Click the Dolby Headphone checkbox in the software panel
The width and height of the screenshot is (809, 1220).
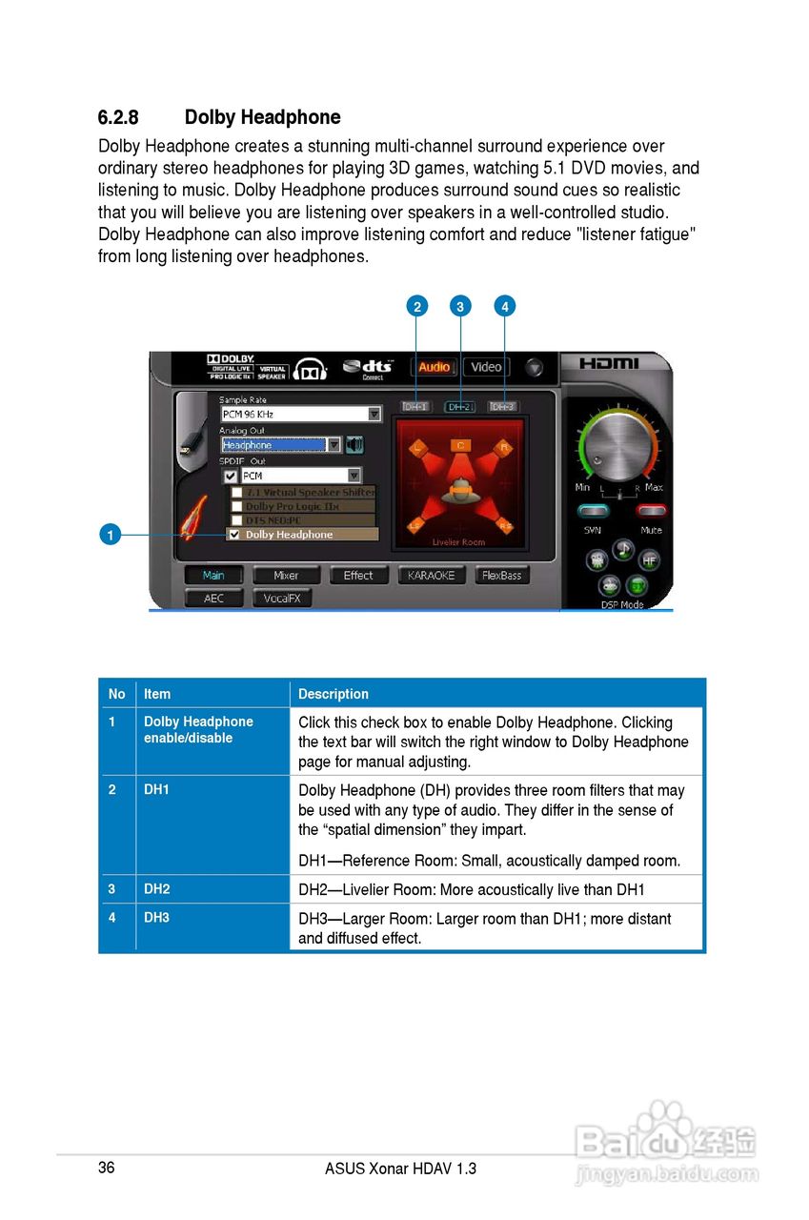(x=234, y=535)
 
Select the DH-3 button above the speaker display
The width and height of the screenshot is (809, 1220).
(x=504, y=407)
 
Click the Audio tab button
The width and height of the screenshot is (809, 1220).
(x=434, y=367)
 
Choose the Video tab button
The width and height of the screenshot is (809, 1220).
(x=486, y=367)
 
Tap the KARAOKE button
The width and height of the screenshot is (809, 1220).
(x=431, y=576)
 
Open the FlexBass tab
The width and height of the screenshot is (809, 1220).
(x=502, y=576)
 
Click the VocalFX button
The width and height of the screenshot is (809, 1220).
(x=282, y=599)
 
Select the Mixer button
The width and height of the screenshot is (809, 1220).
(x=286, y=576)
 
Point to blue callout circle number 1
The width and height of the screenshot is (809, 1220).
(x=111, y=535)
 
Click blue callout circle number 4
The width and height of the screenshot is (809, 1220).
(x=505, y=306)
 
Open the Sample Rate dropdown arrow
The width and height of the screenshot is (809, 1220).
(x=374, y=415)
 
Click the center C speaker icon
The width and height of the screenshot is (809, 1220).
(x=460, y=445)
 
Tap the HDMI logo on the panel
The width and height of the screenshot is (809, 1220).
(x=610, y=364)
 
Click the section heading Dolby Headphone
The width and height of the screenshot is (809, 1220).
(x=262, y=117)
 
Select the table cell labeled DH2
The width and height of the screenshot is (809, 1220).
(x=157, y=889)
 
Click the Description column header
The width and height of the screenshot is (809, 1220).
(x=333, y=694)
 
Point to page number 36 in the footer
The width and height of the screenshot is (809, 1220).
(x=106, y=1168)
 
